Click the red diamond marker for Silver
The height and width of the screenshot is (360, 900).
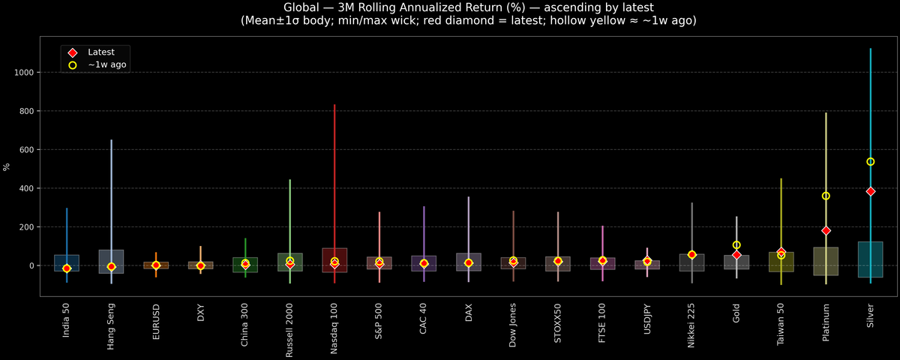(x=871, y=191)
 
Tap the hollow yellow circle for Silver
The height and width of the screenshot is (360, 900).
(x=871, y=161)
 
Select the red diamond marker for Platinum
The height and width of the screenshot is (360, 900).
(x=826, y=230)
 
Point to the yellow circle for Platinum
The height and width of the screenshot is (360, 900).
(x=826, y=196)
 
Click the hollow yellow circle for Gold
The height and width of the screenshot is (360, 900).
(x=736, y=245)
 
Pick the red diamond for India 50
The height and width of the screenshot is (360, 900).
(x=67, y=268)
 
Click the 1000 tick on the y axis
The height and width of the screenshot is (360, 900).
(x=26, y=73)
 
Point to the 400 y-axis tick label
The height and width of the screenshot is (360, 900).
(x=28, y=188)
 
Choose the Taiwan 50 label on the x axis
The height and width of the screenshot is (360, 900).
(x=781, y=329)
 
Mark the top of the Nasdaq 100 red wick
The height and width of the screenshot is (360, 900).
(x=334, y=105)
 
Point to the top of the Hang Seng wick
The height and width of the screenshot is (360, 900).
(x=111, y=140)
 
